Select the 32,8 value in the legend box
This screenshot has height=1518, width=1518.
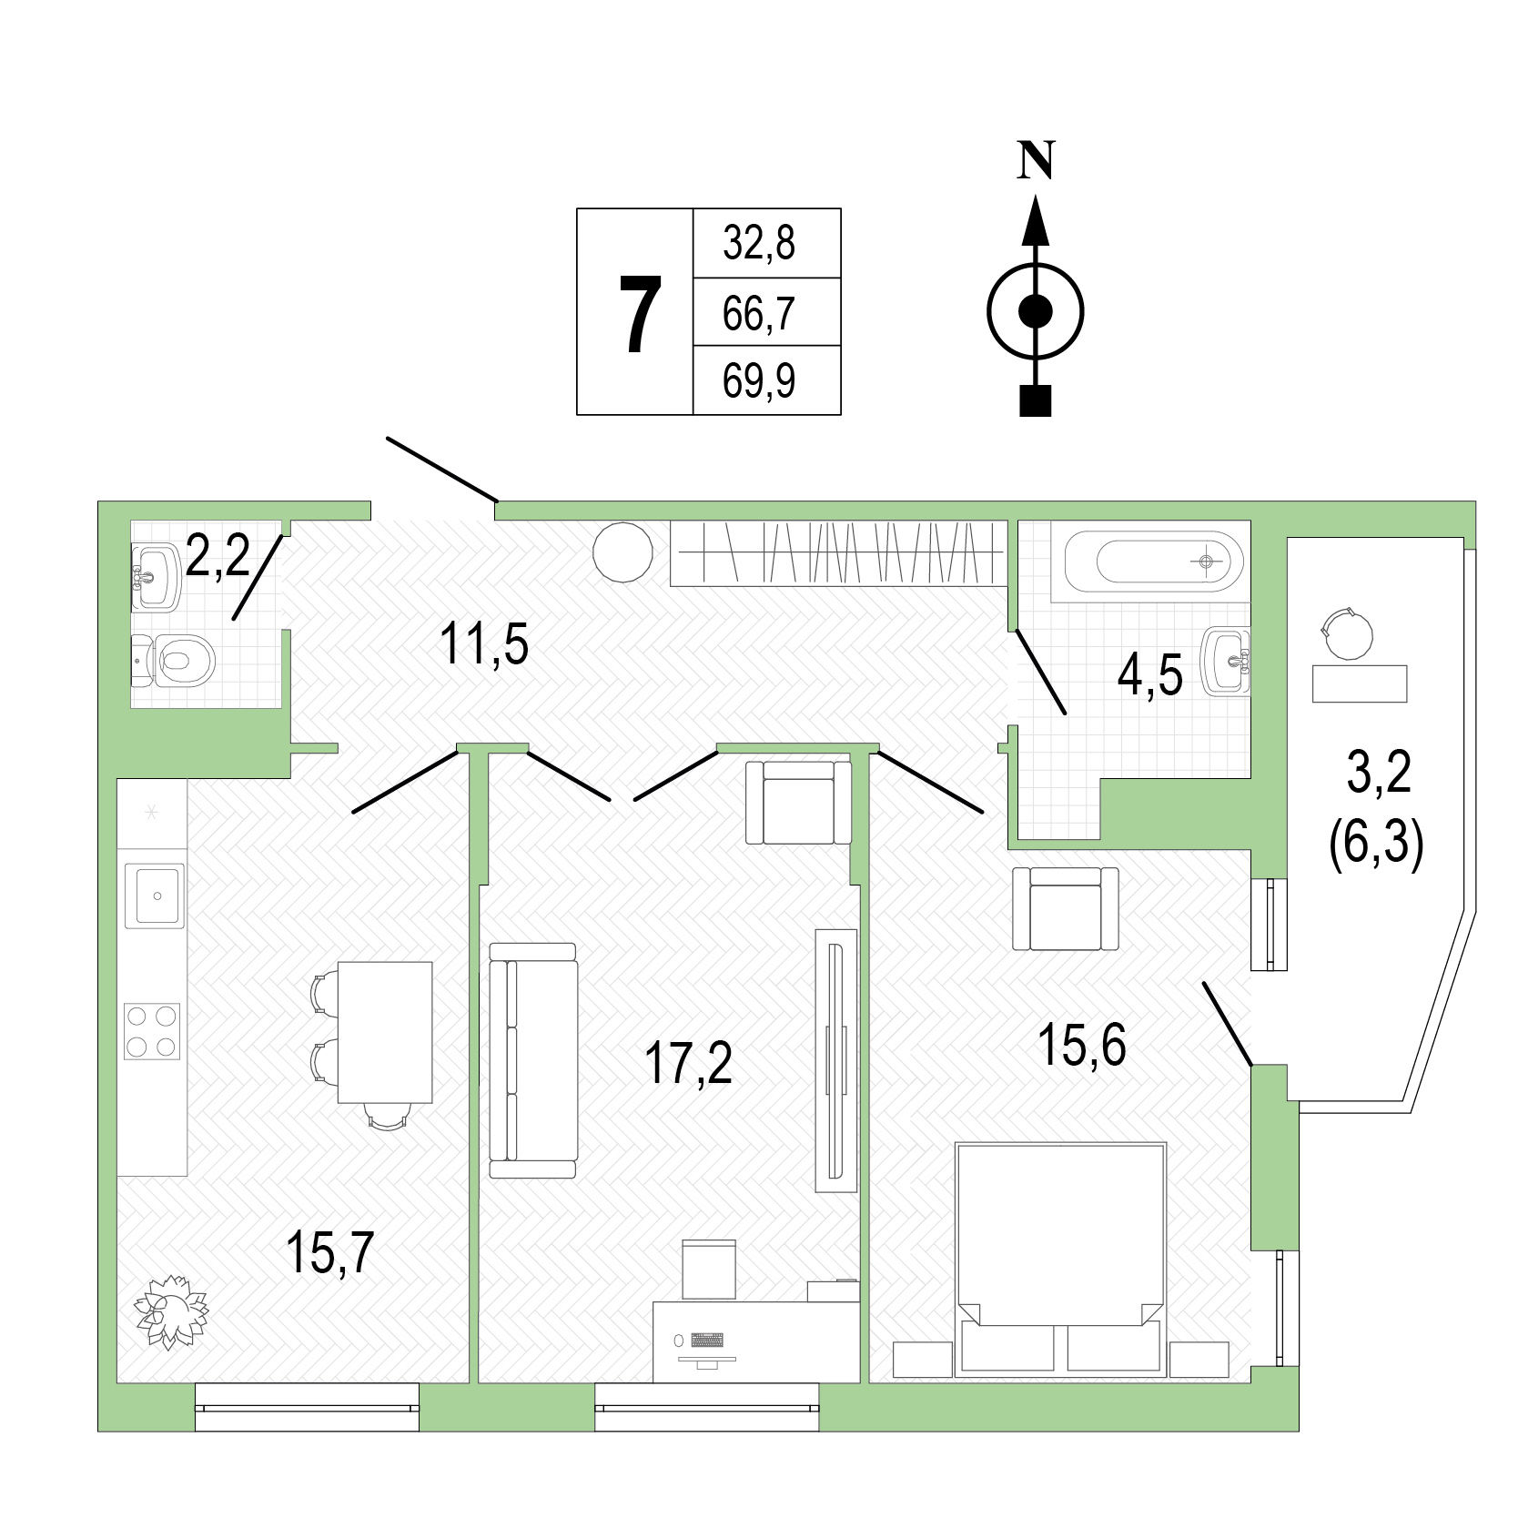[x=759, y=244]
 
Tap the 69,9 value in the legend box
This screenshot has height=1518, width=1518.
[x=759, y=380]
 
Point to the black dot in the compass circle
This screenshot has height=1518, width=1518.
[x=1036, y=312]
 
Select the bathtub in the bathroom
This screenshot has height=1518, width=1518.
[x=1148, y=562]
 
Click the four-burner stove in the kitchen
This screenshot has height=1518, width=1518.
[x=152, y=1032]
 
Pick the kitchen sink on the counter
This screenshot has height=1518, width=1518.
[x=155, y=896]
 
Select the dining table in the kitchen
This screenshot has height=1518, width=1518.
[x=385, y=1032]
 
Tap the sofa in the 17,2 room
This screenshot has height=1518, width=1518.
[x=533, y=1061]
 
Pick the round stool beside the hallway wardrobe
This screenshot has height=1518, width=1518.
[x=622, y=552]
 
